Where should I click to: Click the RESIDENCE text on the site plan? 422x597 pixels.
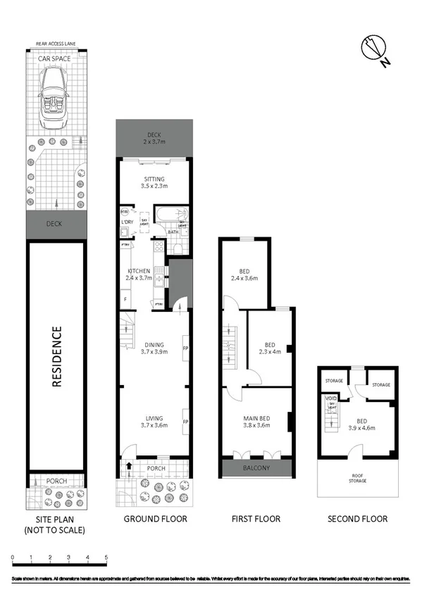click(57, 356)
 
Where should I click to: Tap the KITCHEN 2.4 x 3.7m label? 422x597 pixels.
click(139, 275)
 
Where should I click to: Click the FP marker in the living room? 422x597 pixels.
click(185, 422)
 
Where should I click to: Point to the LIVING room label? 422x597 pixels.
click(154, 421)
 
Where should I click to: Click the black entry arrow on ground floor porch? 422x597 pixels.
click(129, 465)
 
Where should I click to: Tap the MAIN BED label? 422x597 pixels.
click(256, 421)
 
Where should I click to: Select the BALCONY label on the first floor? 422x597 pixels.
click(256, 468)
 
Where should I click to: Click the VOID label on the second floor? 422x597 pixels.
click(330, 398)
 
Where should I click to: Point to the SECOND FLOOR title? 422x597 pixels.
click(358, 519)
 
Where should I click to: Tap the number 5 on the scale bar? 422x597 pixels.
click(106, 558)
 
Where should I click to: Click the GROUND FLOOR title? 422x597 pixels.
click(155, 519)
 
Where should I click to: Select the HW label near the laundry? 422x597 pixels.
click(124, 211)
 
